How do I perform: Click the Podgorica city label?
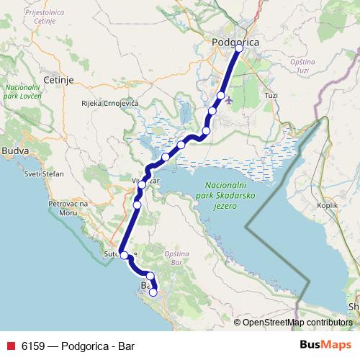coord(235,43)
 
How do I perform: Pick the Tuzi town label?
coord(271,95)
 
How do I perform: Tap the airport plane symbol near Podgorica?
coord(229,99)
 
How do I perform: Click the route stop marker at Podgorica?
coord(239,49)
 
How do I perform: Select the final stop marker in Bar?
coord(153,292)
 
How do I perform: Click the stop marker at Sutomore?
coord(124,255)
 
